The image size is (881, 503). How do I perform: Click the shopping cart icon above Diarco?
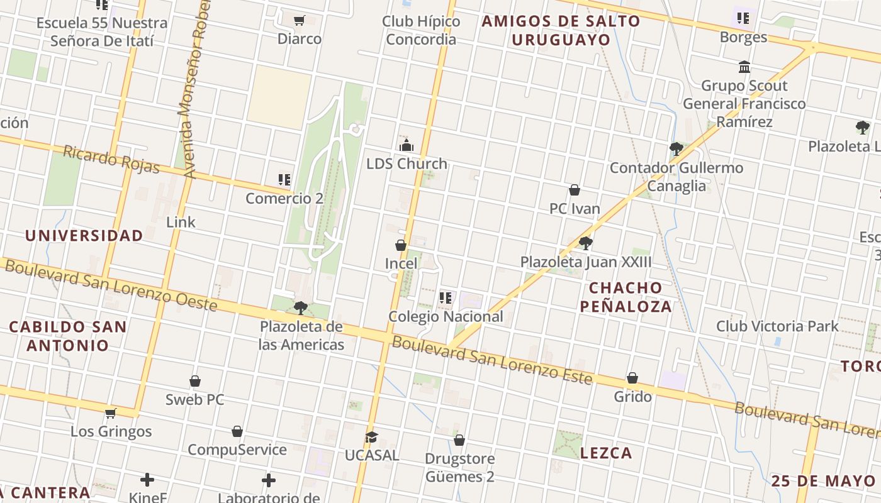pyautogui.click(x=300, y=20)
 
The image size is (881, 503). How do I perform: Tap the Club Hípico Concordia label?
pyautogui.click(x=421, y=30)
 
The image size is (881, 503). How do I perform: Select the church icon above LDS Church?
pyautogui.click(x=407, y=145)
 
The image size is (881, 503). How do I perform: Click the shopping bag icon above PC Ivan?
pyautogui.click(x=575, y=190)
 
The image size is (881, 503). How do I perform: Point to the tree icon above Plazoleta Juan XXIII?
pyautogui.click(x=586, y=243)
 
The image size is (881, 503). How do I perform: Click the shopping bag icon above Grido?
pyautogui.click(x=632, y=378)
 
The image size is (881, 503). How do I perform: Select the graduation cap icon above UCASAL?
pyautogui.click(x=371, y=437)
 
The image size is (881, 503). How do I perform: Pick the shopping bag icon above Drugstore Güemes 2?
pyautogui.click(x=459, y=440)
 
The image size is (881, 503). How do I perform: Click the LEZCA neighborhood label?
pyautogui.click(x=606, y=453)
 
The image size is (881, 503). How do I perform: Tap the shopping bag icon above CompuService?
pyautogui.click(x=237, y=431)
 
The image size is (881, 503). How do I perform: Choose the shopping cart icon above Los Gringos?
pyautogui.click(x=111, y=413)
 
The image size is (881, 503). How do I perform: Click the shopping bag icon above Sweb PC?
pyautogui.click(x=195, y=381)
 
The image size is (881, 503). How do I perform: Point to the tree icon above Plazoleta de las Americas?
pyautogui.click(x=301, y=308)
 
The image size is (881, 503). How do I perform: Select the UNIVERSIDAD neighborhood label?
pyautogui.click(x=84, y=236)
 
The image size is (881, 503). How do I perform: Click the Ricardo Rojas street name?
pyautogui.click(x=111, y=159)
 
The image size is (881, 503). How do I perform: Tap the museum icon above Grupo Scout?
pyautogui.click(x=744, y=67)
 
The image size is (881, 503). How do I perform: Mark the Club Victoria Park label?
pyautogui.click(x=777, y=326)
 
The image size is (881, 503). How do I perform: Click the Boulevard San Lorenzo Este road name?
pyautogui.click(x=492, y=361)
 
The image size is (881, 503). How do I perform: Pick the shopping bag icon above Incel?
pyautogui.click(x=401, y=245)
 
